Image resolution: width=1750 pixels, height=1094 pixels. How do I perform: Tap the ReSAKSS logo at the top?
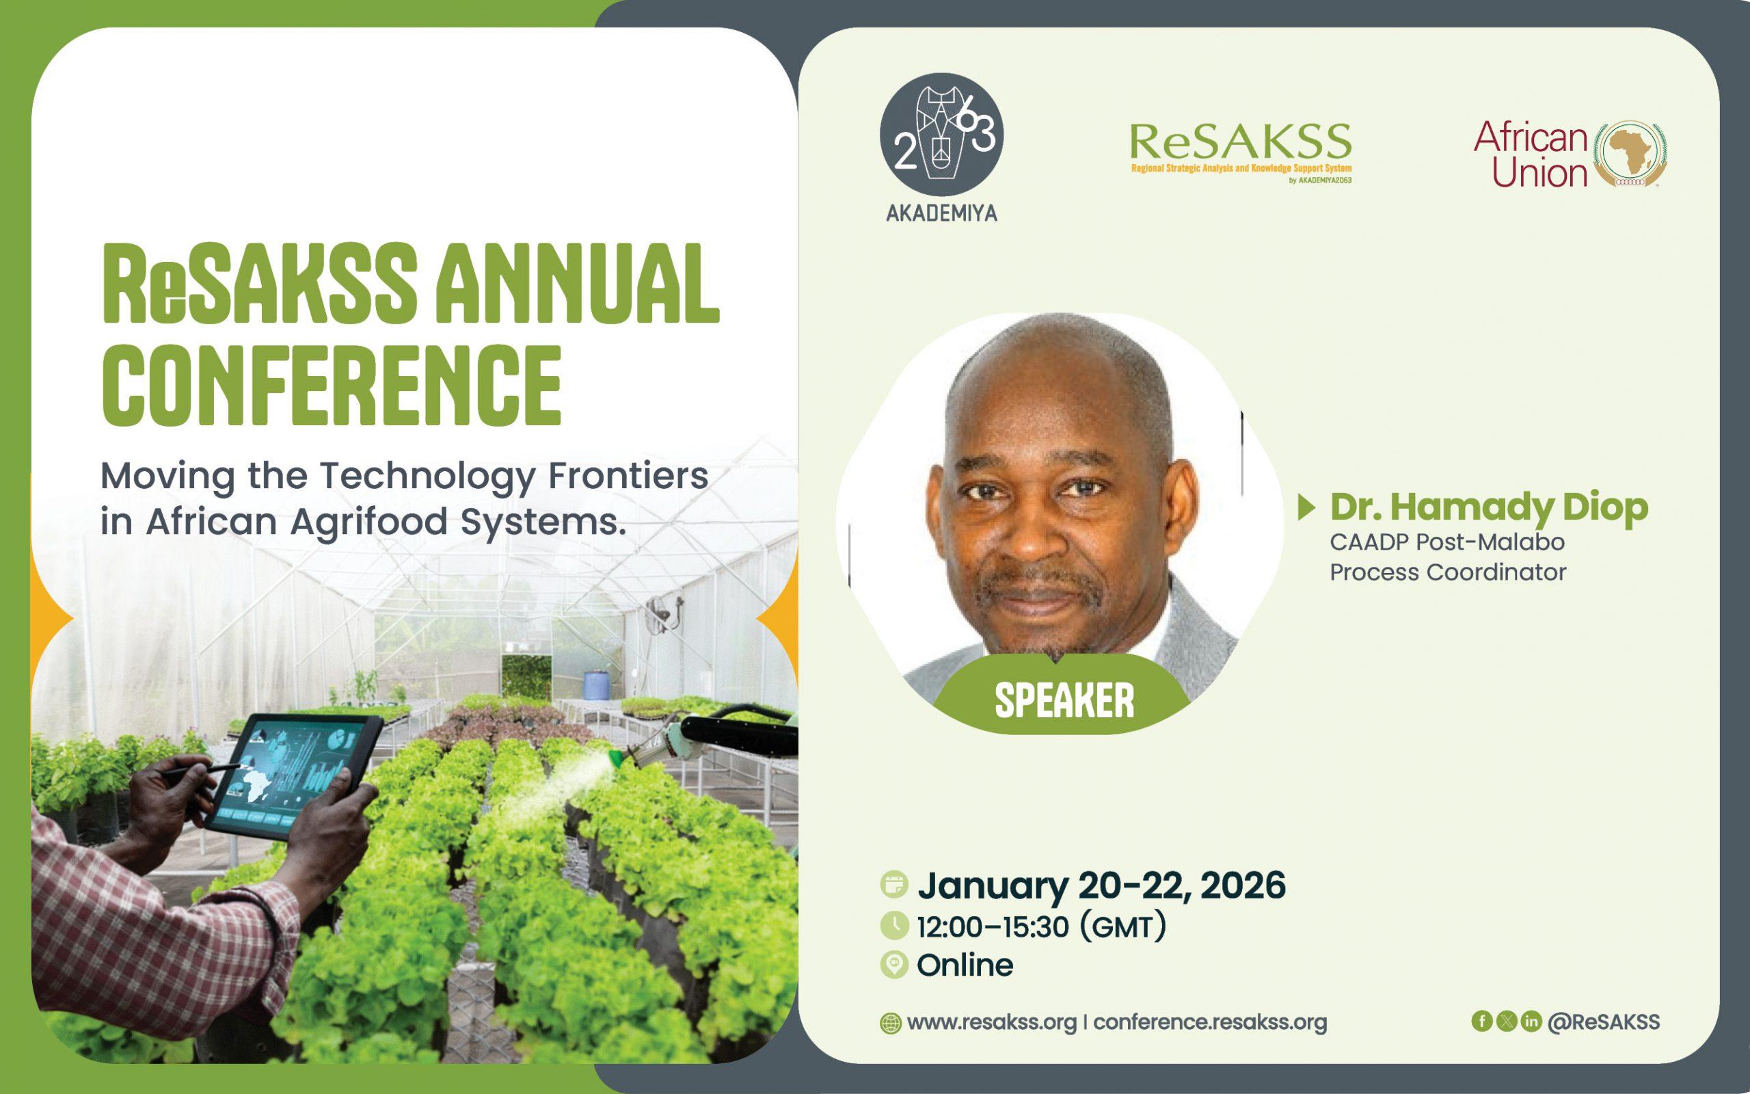pos(1240,152)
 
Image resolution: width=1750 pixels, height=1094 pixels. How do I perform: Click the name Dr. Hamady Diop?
pos(1489,507)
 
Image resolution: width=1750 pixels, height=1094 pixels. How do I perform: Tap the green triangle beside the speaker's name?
pos(1307,507)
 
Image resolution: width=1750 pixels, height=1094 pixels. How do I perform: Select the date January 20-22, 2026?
pos(1101,885)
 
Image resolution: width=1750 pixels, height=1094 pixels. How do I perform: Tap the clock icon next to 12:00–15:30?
pos(895,925)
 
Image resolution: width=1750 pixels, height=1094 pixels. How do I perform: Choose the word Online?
pos(965,965)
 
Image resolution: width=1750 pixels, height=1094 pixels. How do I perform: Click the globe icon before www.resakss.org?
pos(890,1024)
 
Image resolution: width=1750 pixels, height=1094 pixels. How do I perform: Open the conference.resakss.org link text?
pos(1210,1022)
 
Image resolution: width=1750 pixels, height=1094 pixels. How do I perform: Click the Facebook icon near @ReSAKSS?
pos(1482,1021)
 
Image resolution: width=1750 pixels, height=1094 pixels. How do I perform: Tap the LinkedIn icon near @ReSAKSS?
pos(1531,1021)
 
